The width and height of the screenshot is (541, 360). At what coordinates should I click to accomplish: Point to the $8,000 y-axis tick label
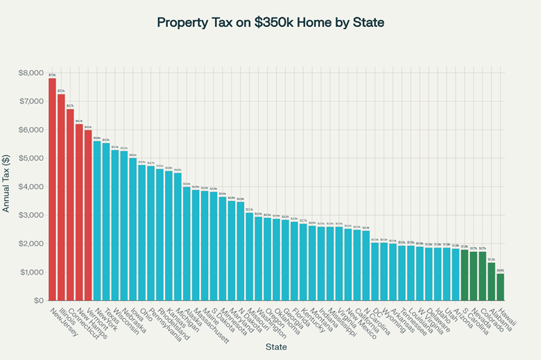[29, 73]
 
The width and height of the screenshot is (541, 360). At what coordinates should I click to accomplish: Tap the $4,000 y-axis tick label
[29, 187]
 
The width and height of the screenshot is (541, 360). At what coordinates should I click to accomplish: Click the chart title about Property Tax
[270, 22]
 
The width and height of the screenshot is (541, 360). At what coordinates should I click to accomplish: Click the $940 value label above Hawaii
[500, 270]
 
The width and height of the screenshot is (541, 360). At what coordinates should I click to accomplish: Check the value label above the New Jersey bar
[52, 74]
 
